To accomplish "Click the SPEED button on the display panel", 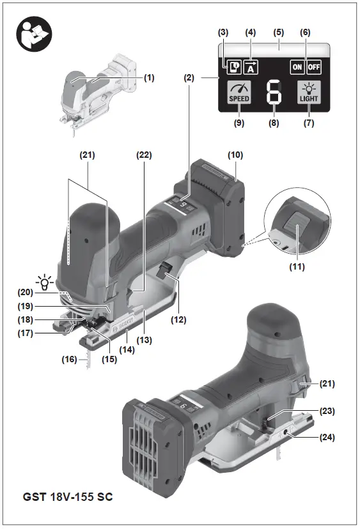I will pyautogui.click(x=239, y=93).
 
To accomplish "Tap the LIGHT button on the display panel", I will pyautogui.click(x=309, y=93).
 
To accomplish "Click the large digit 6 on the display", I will pyautogui.click(x=274, y=93).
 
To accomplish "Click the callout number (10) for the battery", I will pyautogui.click(x=235, y=155).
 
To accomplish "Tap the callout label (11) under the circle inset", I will pyautogui.click(x=296, y=265).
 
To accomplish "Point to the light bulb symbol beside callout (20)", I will pyautogui.click(x=45, y=281).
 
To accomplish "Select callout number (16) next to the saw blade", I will pyautogui.click(x=68, y=360).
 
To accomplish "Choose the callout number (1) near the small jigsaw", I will pyautogui.click(x=149, y=77).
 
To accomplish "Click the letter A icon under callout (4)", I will pyautogui.click(x=251, y=66).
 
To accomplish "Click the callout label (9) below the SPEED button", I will pyautogui.click(x=239, y=123).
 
